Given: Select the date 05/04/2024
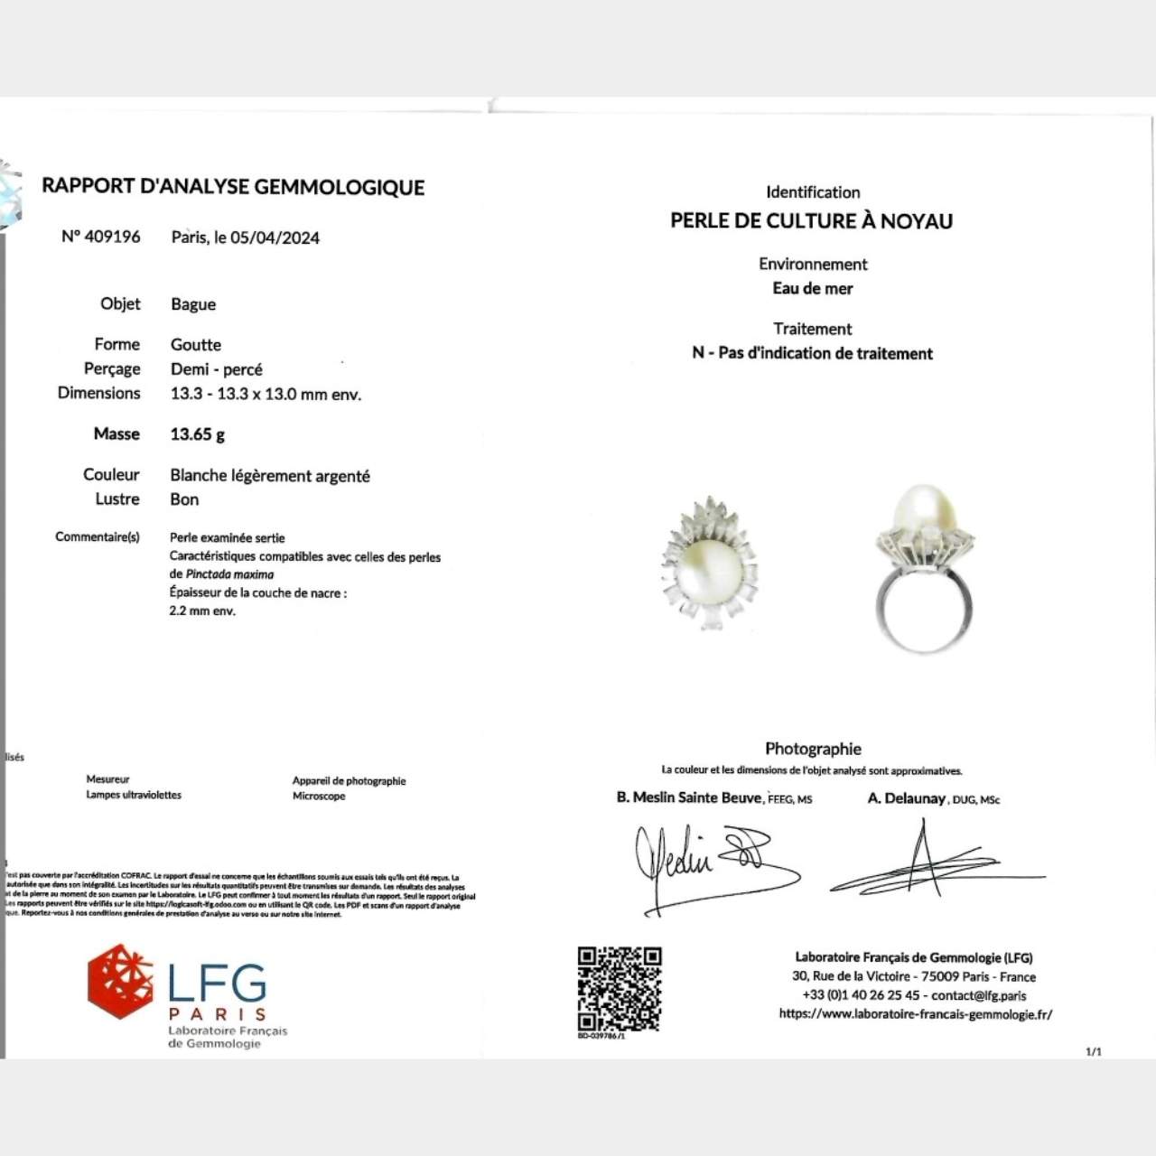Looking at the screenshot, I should [x=275, y=238].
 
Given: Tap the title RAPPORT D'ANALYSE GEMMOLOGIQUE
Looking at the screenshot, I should [x=233, y=187].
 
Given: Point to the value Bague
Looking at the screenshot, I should [x=193, y=304].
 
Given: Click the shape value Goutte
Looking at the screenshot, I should [x=196, y=344].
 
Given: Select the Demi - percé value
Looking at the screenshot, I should [x=217, y=368].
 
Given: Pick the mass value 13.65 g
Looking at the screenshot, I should [x=198, y=434].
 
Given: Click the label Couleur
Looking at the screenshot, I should [x=111, y=475].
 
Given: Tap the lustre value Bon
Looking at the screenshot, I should [x=184, y=499].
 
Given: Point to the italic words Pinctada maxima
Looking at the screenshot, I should [x=229, y=574].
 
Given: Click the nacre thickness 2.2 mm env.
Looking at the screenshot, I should [x=202, y=611].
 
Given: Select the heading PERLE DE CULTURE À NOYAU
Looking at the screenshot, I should [x=811, y=221].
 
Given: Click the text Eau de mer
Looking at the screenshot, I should [x=813, y=289].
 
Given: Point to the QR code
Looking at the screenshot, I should [x=620, y=989].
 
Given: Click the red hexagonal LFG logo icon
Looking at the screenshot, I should [x=120, y=981].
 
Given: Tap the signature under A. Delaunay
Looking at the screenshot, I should [x=930, y=862].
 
